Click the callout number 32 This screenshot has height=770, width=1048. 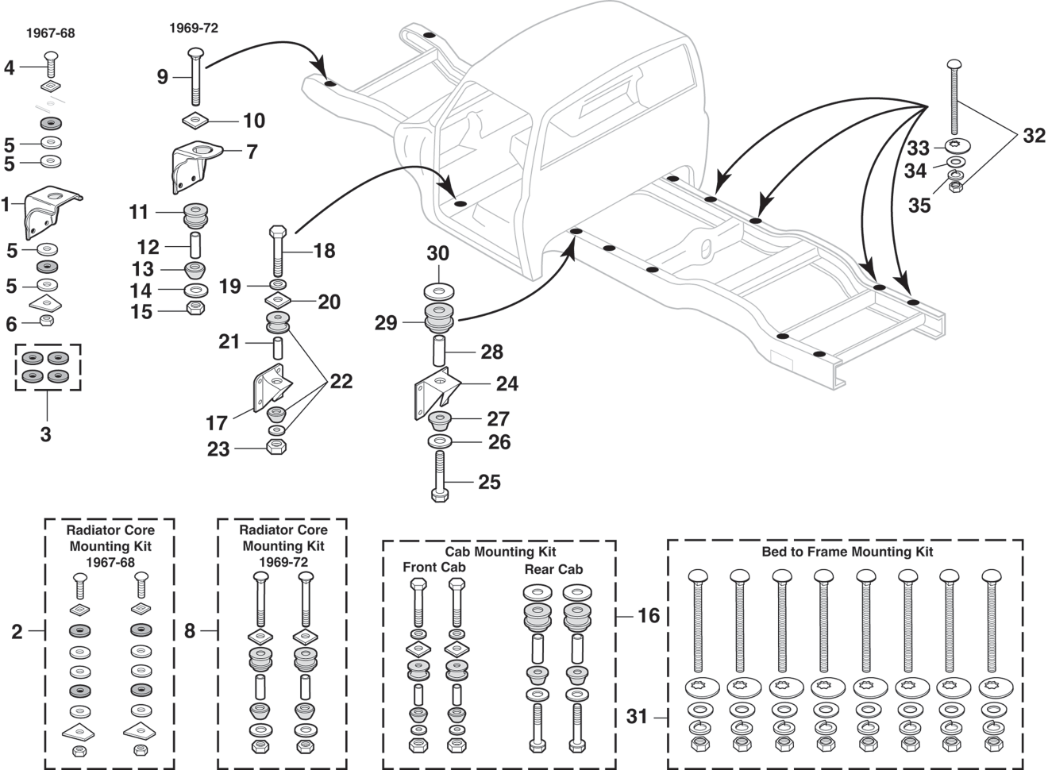[1033, 136]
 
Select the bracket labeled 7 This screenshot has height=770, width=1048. [194, 167]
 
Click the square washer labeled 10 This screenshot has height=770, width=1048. [196, 121]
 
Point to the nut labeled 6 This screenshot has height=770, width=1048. [47, 321]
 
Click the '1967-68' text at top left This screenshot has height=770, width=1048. [50, 33]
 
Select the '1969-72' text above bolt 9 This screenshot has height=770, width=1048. [193, 28]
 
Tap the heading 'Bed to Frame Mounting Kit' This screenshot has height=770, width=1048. [847, 552]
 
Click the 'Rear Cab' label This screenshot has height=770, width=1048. [553, 569]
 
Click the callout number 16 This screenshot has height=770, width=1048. [648, 615]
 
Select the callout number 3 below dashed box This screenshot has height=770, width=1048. [46, 434]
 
